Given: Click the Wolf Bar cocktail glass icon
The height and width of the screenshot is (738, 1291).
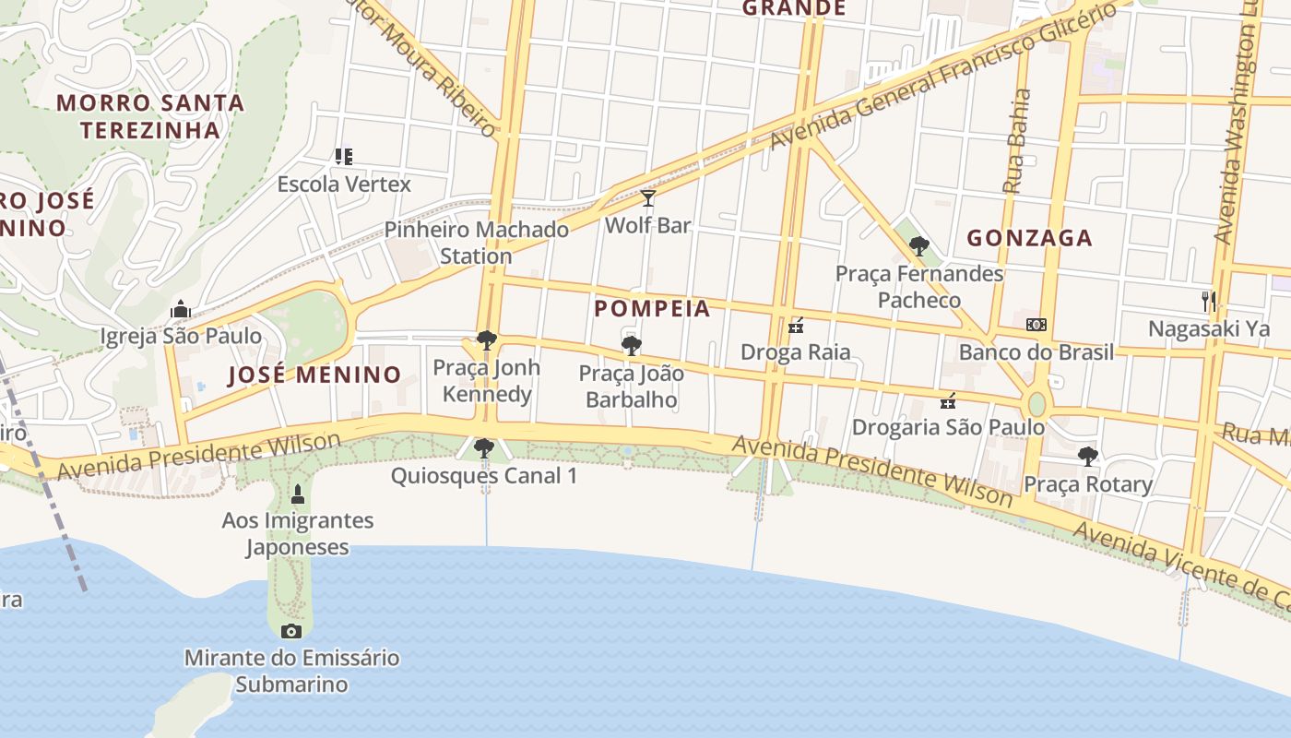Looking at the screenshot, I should point(648,198).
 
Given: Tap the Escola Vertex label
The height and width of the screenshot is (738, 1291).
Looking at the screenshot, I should point(344,184).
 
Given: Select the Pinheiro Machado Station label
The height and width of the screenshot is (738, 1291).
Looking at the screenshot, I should point(476,243).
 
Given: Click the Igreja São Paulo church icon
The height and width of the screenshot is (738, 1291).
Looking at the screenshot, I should point(181,309).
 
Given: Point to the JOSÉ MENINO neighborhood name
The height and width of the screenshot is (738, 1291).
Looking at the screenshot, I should point(314,375).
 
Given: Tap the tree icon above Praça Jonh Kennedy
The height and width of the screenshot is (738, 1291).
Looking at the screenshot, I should point(486,340).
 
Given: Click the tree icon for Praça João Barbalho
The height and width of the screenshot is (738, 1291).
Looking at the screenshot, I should point(632,346).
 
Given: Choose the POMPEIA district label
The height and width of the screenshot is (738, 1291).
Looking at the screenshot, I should point(652,308).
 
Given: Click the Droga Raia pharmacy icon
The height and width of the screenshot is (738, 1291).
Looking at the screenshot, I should point(796,325).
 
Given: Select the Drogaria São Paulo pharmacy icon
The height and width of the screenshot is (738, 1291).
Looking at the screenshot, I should point(947,400).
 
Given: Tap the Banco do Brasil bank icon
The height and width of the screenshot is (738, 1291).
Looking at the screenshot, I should point(1036,325).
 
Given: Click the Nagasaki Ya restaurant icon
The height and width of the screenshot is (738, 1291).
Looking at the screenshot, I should point(1208,301).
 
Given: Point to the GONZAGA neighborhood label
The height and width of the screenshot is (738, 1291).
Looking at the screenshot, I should point(1029,238).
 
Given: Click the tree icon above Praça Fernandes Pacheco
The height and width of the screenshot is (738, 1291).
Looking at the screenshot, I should point(918,246).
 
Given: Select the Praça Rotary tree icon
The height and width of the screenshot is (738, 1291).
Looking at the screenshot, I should point(1088,456).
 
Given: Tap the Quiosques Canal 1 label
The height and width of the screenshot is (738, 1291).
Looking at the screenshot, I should point(484,476).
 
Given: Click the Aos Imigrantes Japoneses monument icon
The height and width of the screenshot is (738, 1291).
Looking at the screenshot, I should point(297,494).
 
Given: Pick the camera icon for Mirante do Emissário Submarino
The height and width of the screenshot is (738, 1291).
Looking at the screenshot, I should point(291,631).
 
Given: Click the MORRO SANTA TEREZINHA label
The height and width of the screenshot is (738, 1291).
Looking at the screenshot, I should point(150,115).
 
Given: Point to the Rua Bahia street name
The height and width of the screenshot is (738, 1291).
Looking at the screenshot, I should point(1017,140).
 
